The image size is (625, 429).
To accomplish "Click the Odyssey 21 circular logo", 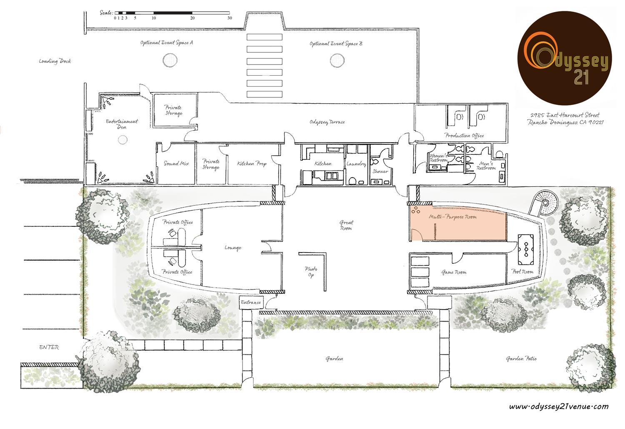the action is pyautogui.click(x=564, y=58).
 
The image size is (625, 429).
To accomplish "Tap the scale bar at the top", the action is pyautogui.click(x=172, y=13).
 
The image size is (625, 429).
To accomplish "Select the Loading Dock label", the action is pyautogui.click(x=55, y=61).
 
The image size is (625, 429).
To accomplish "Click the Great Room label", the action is pyautogui.click(x=346, y=225).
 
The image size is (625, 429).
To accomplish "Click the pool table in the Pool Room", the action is pyautogui.click(x=526, y=250).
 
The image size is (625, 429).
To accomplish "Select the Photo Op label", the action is pyautogui.click(x=311, y=272).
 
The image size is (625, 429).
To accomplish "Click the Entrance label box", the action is pyautogui.click(x=251, y=302).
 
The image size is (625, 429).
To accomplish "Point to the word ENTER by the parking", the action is pyautogui.click(x=49, y=347).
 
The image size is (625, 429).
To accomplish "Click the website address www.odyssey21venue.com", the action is pyautogui.click(x=559, y=407).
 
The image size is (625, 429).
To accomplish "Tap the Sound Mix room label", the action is pyautogui.click(x=176, y=164).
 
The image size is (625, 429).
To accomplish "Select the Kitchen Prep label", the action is pyautogui.click(x=252, y=164).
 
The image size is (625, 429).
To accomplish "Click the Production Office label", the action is pyautogui.click(x=464, y=135).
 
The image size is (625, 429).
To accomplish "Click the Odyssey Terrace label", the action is pyautogui.click(x=327, y=122).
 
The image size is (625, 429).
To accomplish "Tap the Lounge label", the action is pyautogui.click(x=233, y=247).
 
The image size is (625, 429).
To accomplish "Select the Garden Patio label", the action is pyautogui.click(x=521, y=359).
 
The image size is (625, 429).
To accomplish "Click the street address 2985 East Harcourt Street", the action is pyautogui.click(x=565, y=115).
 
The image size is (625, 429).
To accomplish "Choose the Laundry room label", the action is pyautogui.click(x=356, y=164).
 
